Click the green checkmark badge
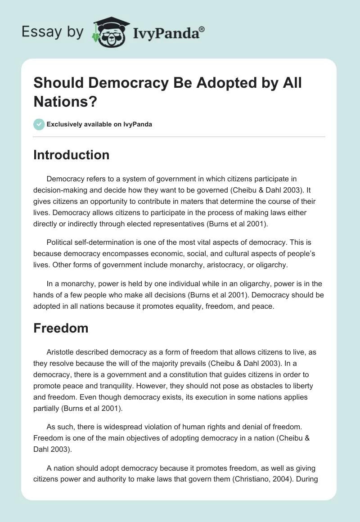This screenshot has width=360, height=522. click(39, 124)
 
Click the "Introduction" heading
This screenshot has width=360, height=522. click(71, 155)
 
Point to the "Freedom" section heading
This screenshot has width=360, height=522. click(61, 328)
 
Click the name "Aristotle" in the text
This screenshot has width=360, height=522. click(63, 351)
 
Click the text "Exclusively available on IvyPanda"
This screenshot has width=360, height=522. click(99, 124)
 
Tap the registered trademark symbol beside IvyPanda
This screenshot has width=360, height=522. click(202, 29)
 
